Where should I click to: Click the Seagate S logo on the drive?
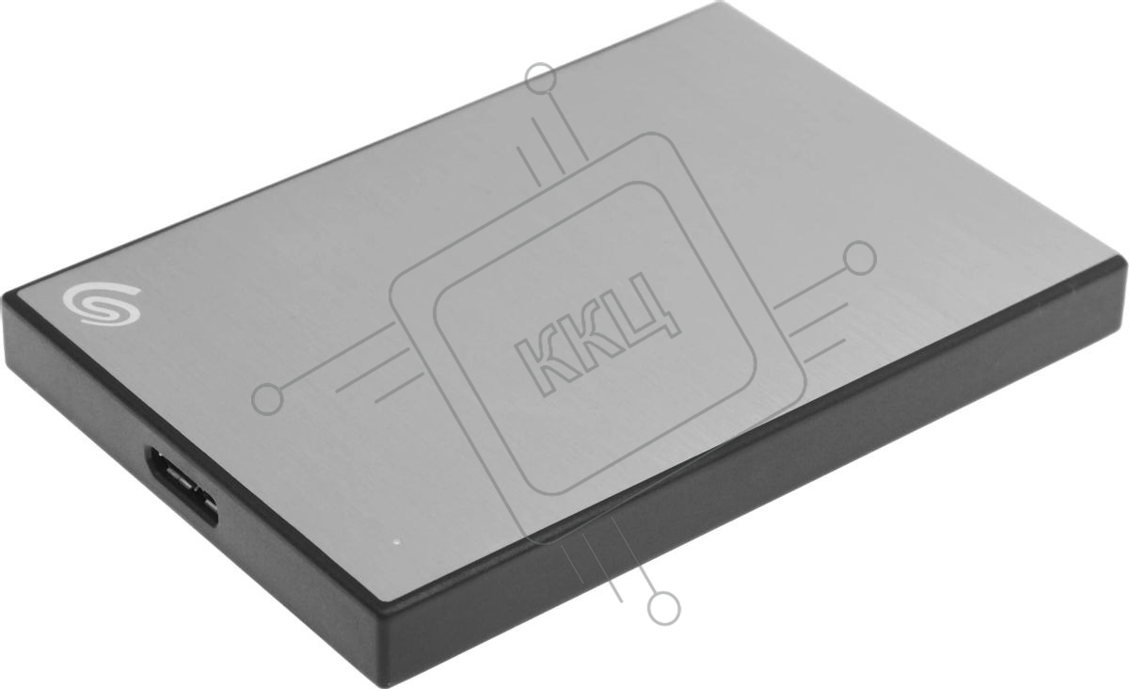[102, 303]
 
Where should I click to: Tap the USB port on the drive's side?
[183, 486]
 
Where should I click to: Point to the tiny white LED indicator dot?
[397, 544]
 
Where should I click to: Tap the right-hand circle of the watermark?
[860, 258]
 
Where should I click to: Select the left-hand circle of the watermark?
[267, 399]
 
